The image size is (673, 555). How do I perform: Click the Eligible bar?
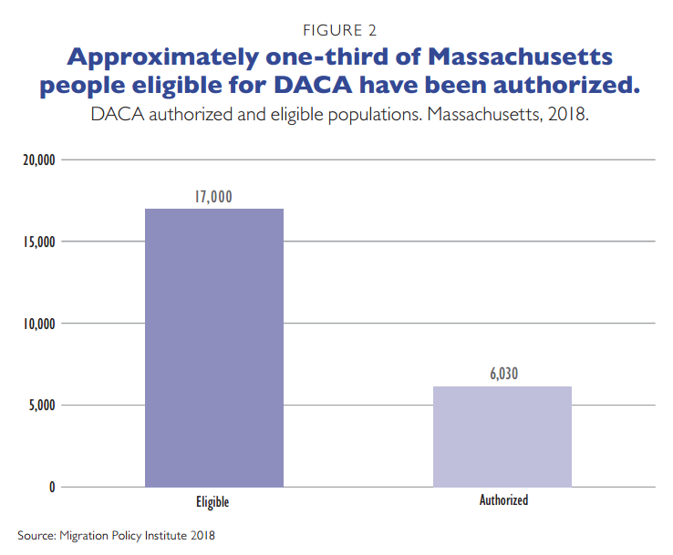(214, 347)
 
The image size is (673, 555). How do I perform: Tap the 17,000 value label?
(214, 195)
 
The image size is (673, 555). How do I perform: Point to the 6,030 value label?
(502, 373)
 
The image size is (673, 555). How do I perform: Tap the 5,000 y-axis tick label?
(41, 405)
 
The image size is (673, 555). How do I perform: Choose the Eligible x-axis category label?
(212, 502)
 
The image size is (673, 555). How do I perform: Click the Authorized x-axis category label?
(503, 500)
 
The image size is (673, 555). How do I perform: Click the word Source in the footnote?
(36, 535)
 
